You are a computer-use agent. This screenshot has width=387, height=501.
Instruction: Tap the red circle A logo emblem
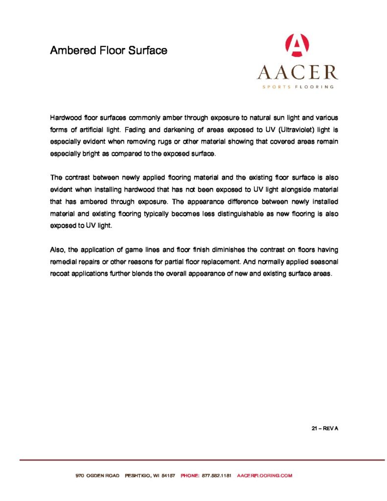click(297, 46)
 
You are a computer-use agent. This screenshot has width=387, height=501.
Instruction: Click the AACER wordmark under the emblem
click(297, 72)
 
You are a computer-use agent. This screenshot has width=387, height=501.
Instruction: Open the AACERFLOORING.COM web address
click(264, 476)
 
